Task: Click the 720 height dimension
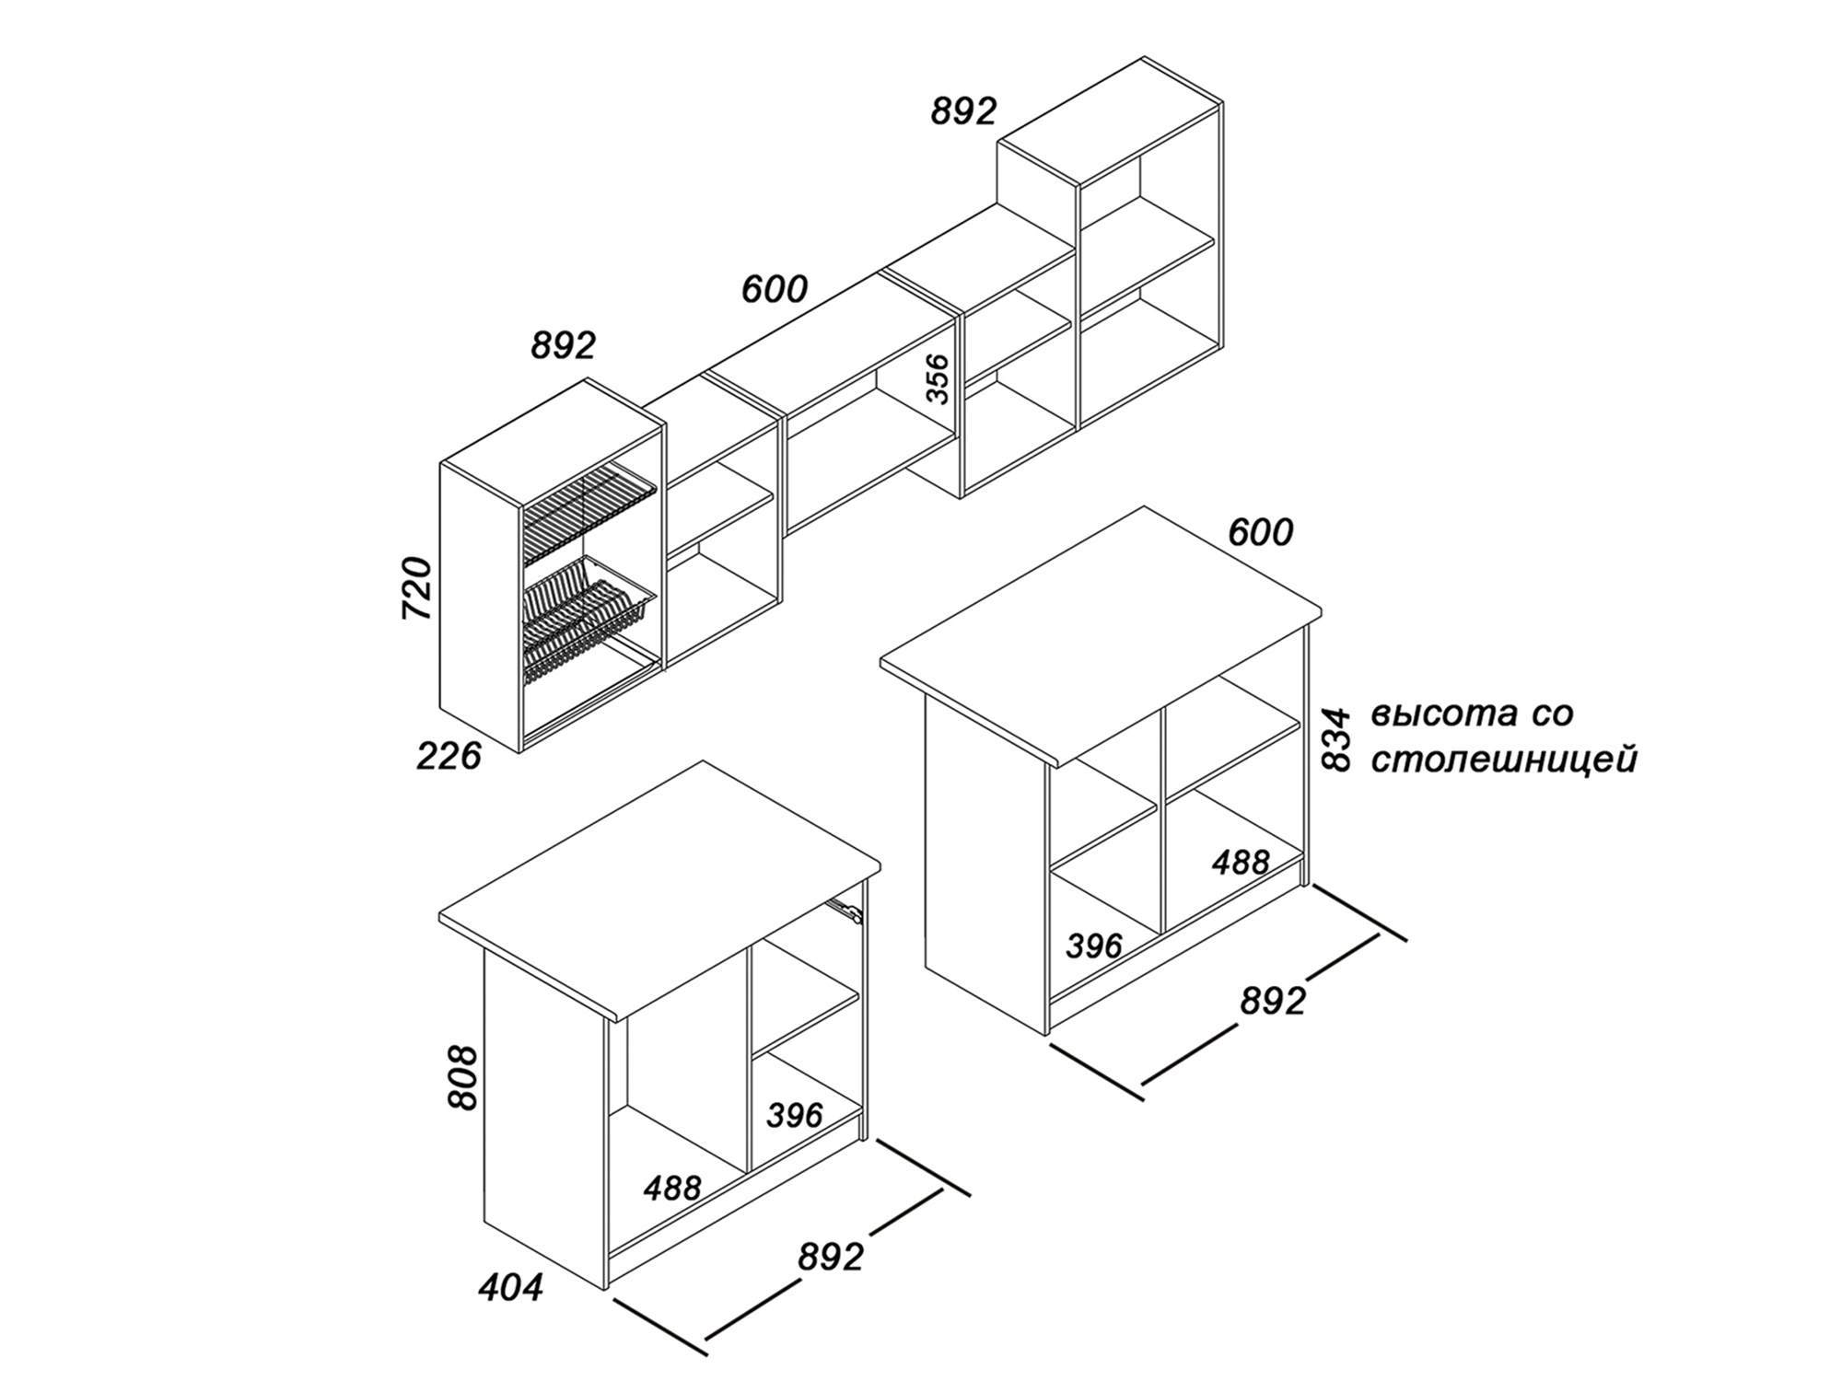coord(418,587)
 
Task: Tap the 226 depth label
coord(449,756)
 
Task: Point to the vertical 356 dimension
coord(937,378)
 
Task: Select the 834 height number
coord(1335,738)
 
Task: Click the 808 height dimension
coord(463,1077)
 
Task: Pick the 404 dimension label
coord(511,1287)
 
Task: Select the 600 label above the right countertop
coord(1261,532)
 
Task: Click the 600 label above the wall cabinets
coord(775,289)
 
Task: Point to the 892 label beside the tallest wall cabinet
coord(964,111)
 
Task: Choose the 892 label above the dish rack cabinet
coord(564,345)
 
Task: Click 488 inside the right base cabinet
coord(1241,863)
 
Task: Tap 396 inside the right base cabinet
coord(1095,946)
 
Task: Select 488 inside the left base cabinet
coord(672,1188)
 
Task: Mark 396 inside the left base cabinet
coord(795,1115)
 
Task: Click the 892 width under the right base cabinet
coord(1274,1001)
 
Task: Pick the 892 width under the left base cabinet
coord(832,1256)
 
